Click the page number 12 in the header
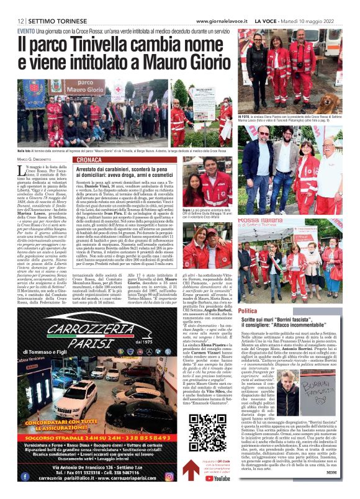click(x=20, y=20)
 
